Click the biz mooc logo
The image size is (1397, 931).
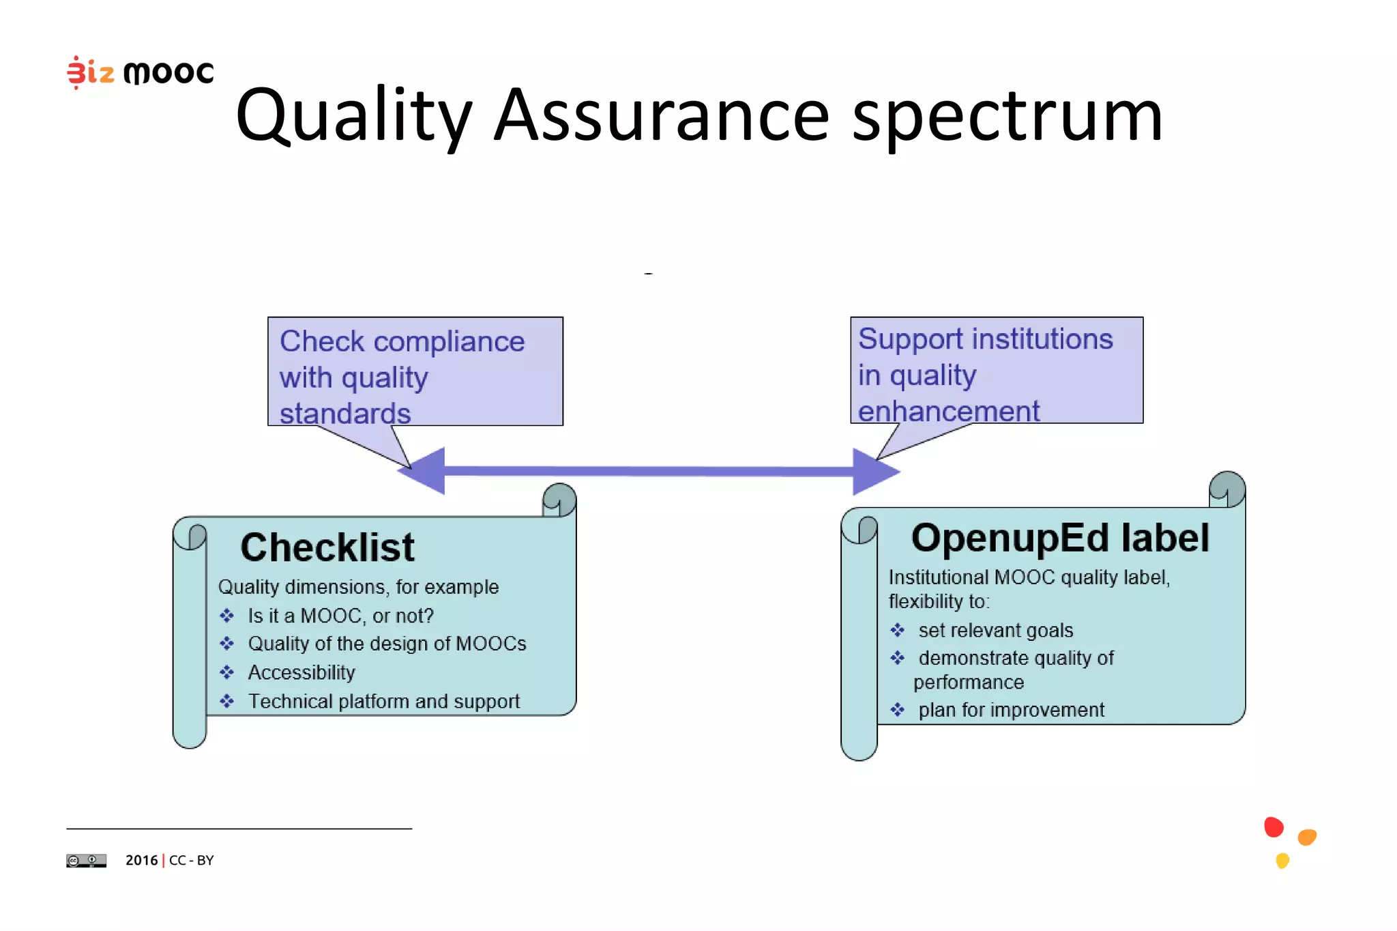click(x=141, y=72)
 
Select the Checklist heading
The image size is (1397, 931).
click(x=327, y=547)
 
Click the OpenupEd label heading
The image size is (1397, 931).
click(x=1059, y=538)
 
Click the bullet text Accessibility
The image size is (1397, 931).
click(x=301, y=673)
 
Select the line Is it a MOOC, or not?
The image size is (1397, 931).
click(x=340, y=616)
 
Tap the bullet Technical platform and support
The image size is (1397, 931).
click(x=383, y=702)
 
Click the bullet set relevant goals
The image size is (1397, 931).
click(x=995, y=631)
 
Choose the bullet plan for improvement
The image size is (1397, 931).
click(x=1010, y=711)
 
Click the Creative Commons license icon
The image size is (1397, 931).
click(x=86, y=861)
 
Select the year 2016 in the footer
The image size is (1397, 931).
click(x=141, y=861)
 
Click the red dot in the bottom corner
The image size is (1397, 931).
click(x=1274, y=827)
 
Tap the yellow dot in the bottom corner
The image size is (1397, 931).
click(x=1282, y=861)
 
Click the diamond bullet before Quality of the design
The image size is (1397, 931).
click(x=227, y=644)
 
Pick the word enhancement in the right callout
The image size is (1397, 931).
click(x=948, y=412)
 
